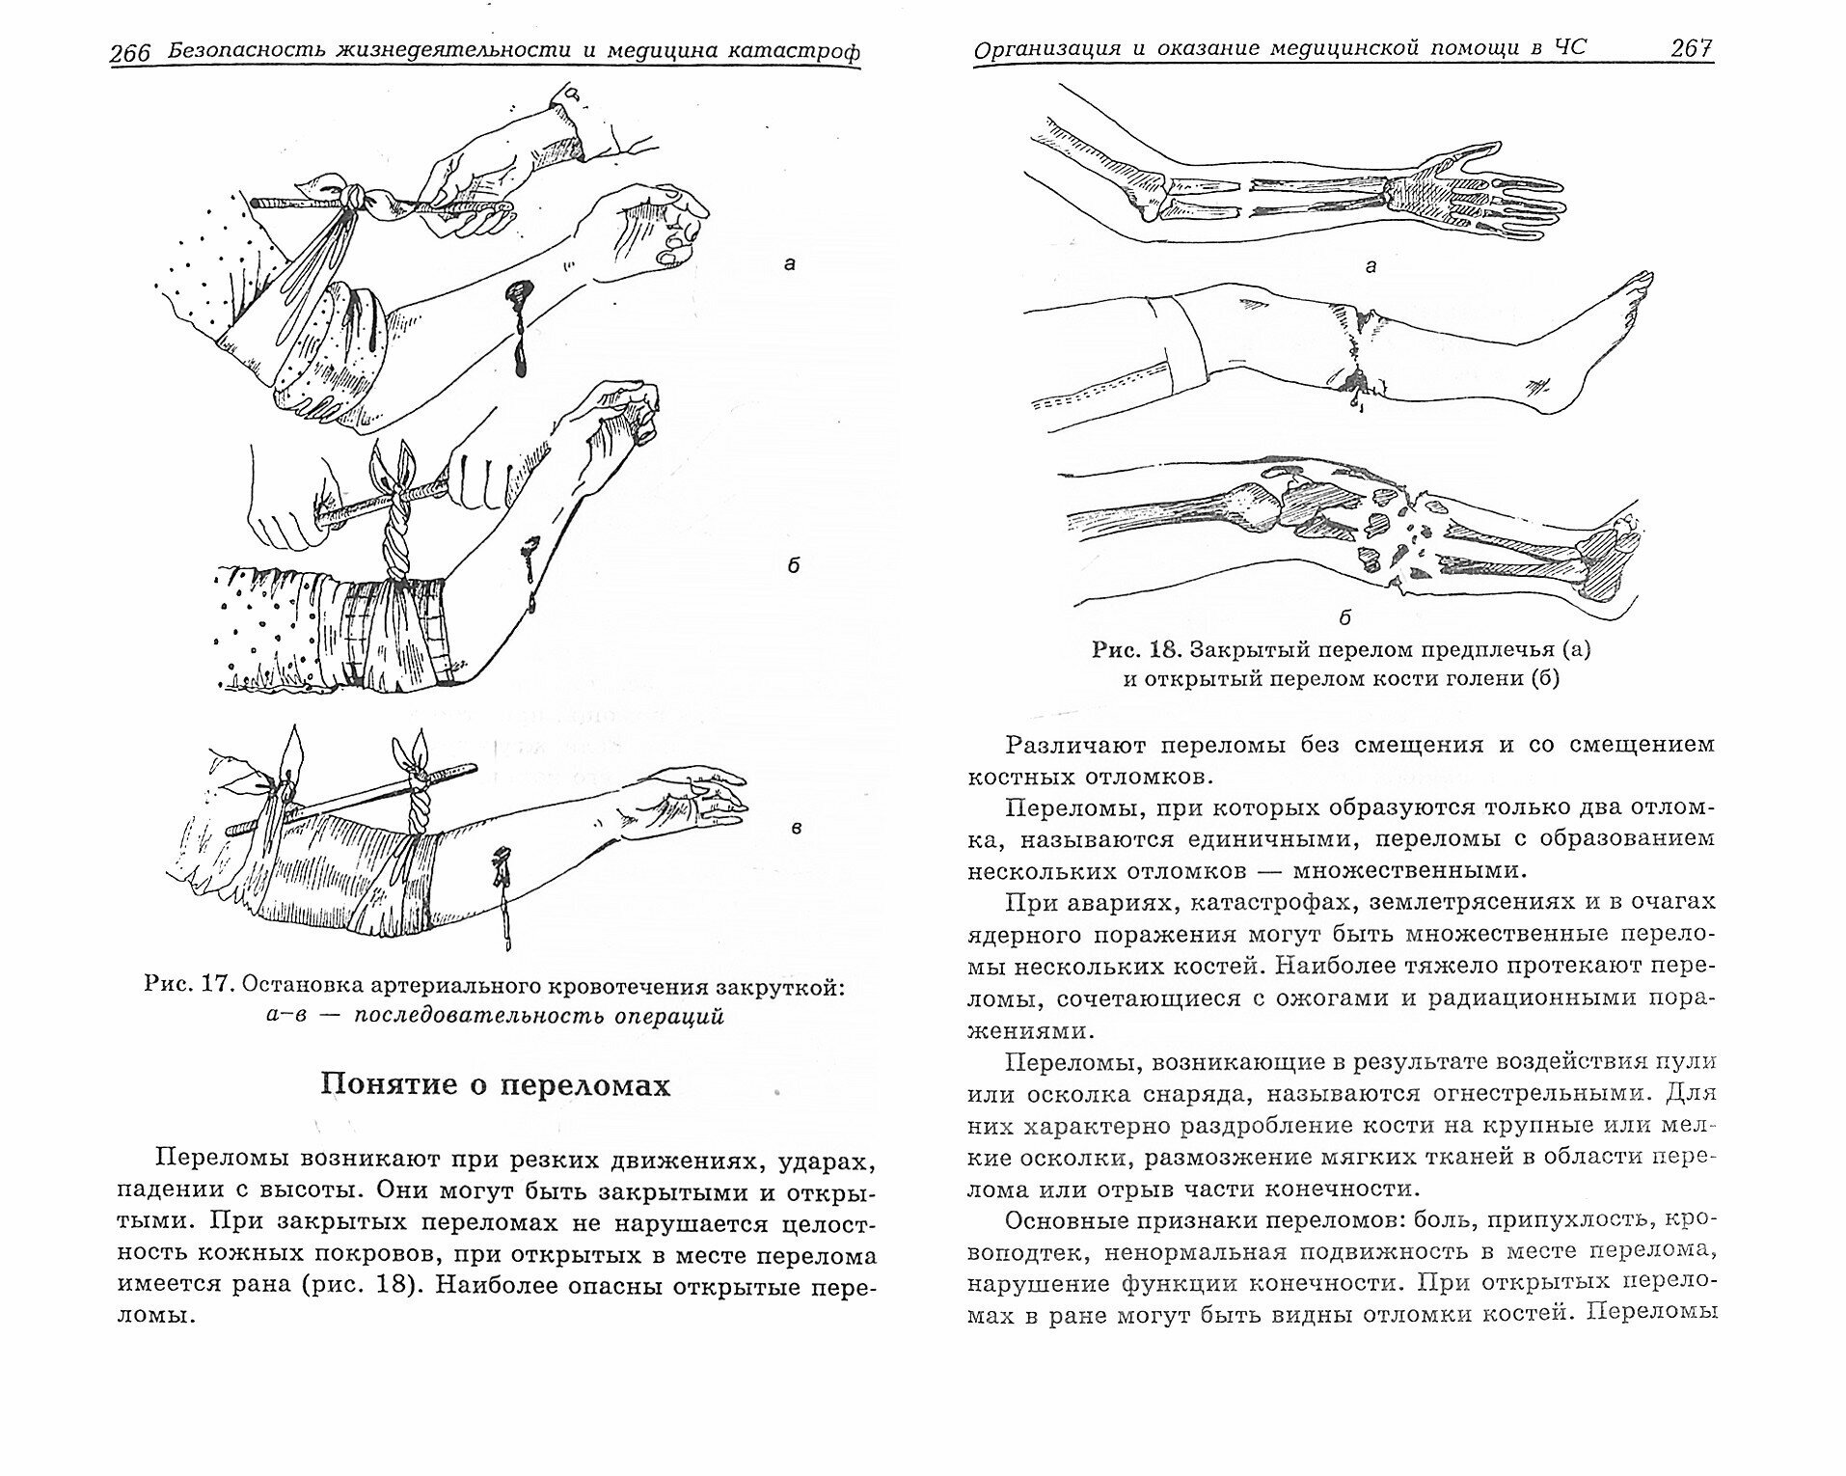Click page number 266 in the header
pos(130,53)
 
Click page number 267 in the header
pos(1690,48)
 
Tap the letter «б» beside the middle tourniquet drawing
pos(793,565)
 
